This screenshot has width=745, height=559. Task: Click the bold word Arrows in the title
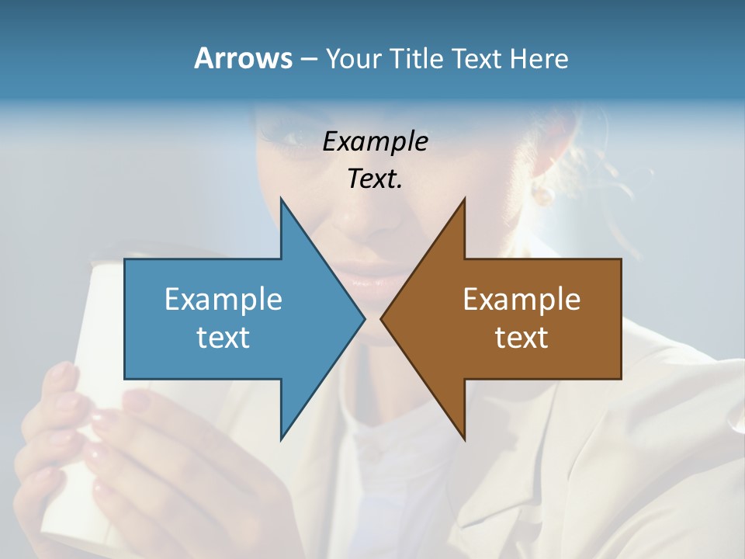click(242, 58)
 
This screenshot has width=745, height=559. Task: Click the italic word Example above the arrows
click(375, 141)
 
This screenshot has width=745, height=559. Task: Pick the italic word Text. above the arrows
click(375, 179)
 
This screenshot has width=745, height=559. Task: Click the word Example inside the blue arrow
click(223, 299)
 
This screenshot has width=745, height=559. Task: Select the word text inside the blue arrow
click(223, 337)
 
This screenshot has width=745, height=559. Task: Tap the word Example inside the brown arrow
click(521, 299)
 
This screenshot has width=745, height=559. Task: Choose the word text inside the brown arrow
click(521, 337)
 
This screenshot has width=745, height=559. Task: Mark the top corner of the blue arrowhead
click(281, 200)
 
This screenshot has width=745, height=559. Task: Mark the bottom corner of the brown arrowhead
click(464, 438)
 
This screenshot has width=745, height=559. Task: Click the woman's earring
click(543, 193)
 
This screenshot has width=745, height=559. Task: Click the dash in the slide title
click(307, 60)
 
